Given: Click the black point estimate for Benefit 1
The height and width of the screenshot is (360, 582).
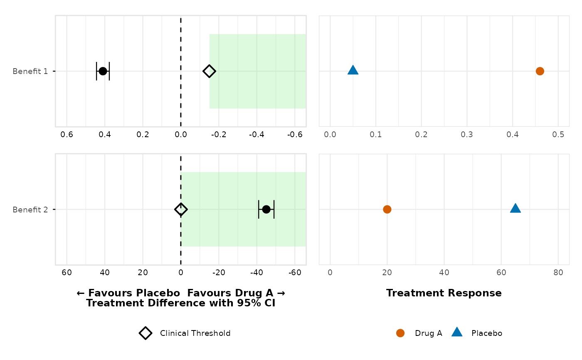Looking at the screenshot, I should click(103, 71).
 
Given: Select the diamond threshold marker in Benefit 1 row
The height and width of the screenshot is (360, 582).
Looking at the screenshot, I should click(209, 71).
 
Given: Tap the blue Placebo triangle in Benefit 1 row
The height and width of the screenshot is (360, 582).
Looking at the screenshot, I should click(353, 70).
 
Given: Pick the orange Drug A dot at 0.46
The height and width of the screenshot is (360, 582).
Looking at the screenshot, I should click(540, 71).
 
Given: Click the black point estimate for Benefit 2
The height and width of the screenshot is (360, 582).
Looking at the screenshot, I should click(266, 209).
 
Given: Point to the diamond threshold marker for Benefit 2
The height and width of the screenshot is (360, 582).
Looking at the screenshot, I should click(180, 209).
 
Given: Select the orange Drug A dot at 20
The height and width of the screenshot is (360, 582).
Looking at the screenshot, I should click(387, 209).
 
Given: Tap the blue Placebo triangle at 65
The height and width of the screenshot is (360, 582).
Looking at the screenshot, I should click(515, 208).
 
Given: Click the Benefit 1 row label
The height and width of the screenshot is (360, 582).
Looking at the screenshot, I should click(30, 71).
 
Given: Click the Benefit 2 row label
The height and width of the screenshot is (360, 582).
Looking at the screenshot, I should click(30, 210).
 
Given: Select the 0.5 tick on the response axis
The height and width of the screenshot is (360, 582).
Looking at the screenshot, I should click(558, 135).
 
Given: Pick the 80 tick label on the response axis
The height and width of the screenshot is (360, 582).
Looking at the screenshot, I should click(558, 272).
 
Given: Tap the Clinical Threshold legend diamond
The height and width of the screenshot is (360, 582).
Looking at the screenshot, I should click(145, 333).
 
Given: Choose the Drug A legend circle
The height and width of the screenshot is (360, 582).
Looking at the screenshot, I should click(400, 333).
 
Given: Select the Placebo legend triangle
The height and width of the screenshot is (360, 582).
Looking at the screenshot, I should click(457, 332).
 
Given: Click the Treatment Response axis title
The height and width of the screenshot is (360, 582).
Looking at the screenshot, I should click(444, 293).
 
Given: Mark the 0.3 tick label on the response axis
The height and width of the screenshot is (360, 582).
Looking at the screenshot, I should click(467, 135).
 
